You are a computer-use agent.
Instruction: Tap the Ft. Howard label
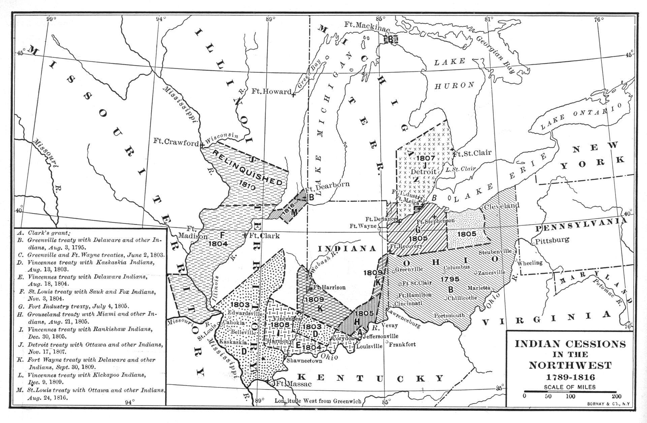271,92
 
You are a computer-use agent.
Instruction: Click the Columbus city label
457,267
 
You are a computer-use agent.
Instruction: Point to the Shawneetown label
304,360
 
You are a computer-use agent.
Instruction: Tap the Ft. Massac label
292,384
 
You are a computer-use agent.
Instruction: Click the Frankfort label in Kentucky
403,344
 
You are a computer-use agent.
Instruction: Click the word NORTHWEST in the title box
569,365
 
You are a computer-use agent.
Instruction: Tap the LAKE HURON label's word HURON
454,86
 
